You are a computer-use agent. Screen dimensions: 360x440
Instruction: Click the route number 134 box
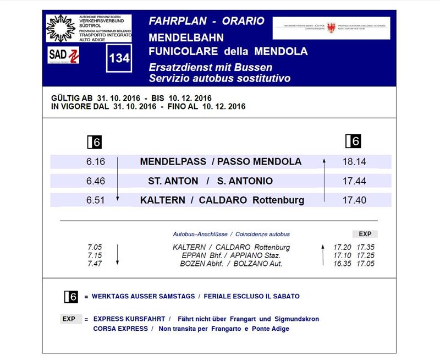click(119, 58)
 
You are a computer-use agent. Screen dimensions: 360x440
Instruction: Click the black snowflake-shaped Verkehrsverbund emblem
click(61, 28)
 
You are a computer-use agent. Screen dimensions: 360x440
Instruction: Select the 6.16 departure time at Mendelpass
click(95, 162)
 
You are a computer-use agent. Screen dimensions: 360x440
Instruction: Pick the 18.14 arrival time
click(354, 162)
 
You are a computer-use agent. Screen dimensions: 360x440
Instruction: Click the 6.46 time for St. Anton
click(95, 181)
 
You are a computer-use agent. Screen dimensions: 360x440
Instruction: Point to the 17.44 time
click(354, 181)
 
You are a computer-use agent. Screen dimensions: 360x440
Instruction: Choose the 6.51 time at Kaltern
click(95, 200)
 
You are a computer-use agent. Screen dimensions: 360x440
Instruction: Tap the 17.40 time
click(354, 200)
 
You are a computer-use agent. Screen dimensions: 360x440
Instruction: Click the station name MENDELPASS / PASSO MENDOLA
click(221, 162)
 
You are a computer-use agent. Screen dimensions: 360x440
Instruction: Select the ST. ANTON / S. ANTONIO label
click(210, 181)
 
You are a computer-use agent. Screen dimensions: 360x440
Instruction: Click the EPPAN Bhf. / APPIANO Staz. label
click(231, 255)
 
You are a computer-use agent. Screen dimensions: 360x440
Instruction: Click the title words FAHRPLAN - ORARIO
click(206, 21)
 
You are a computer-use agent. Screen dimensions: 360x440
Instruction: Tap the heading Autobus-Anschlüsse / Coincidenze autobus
click(231, 234)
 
